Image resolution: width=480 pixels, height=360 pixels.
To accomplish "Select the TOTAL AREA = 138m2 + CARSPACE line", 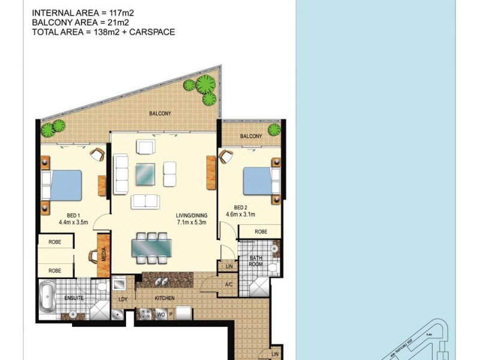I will tap(103, 32).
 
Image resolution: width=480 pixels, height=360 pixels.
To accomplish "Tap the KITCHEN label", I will tap(164, 298).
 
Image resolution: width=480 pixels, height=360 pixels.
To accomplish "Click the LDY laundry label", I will tap(122, 298).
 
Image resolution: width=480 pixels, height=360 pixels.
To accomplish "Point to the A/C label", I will tap(229, 284).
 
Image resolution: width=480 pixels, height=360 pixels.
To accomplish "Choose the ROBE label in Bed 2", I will tap(260, 231).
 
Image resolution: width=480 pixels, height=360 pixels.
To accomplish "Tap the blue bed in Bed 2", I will tap(257, 181).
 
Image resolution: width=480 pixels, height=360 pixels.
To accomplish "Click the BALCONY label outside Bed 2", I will tap(251, 137).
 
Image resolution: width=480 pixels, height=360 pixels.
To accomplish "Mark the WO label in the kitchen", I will tap(160, 313).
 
